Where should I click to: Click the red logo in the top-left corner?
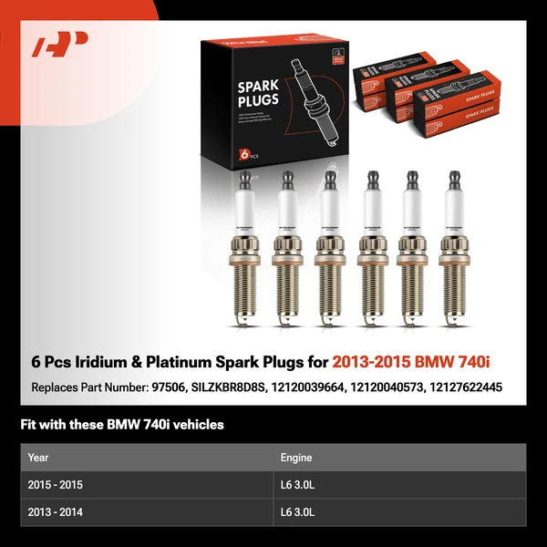59,45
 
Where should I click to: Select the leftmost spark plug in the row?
244,251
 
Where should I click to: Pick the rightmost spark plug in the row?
452,251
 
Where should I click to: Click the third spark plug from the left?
327,251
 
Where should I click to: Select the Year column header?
38,458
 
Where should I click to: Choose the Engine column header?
296,458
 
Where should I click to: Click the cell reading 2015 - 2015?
56,485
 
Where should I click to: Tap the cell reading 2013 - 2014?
56,512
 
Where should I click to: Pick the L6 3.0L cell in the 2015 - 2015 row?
298,485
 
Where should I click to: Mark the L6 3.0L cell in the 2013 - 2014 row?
298,512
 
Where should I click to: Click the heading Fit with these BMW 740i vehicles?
121,425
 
